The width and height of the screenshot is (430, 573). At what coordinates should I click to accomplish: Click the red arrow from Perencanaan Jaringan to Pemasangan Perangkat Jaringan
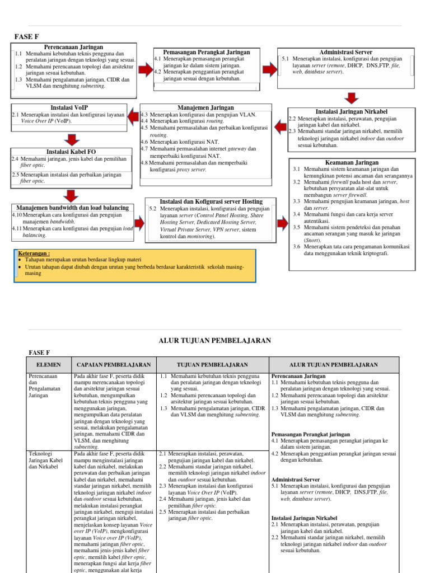tap(146, 69)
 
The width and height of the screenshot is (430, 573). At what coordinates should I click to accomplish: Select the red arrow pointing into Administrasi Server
tap(270, 69)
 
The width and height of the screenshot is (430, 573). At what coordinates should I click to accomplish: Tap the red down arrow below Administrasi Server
tap(352, 99)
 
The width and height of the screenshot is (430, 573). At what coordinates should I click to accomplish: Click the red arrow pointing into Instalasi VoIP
tap(133, 116)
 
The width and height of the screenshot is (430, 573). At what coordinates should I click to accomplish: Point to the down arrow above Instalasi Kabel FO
tap(71, 140)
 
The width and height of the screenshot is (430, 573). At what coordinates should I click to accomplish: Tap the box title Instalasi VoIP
tap(69, 107)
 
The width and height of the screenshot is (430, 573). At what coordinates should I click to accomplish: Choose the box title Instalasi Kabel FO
tap(69, 152)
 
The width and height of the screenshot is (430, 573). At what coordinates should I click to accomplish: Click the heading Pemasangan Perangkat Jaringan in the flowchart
tap(206, 52)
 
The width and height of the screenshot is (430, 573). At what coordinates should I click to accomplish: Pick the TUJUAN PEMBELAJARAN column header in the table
tap(212, 364)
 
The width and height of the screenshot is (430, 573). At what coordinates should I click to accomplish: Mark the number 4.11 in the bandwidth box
tap(17, 229)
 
